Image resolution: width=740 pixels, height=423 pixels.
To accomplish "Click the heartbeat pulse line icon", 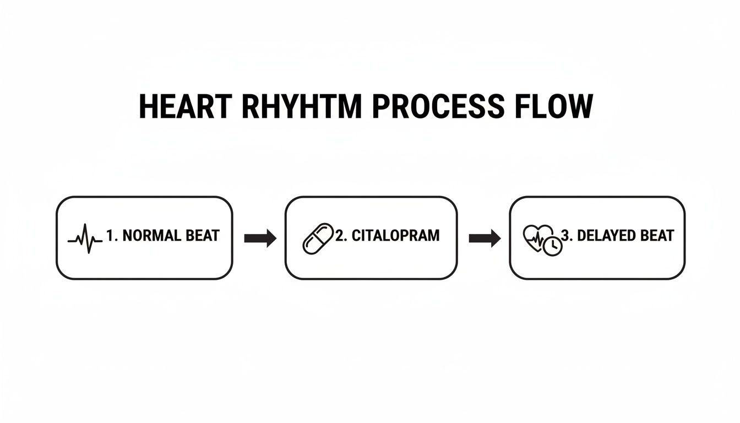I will pos(85,238).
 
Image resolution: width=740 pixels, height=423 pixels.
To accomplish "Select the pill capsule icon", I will pos(318,238).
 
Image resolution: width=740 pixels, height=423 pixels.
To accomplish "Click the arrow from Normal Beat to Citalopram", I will pos(260,238).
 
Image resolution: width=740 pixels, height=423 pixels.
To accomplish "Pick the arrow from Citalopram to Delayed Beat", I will pos(484,238).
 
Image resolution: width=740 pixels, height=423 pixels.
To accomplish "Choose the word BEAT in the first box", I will pos(203,236).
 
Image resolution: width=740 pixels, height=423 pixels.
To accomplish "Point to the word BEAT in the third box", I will pos(657,236).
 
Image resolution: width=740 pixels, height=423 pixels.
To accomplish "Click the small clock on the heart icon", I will pos(552,247).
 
